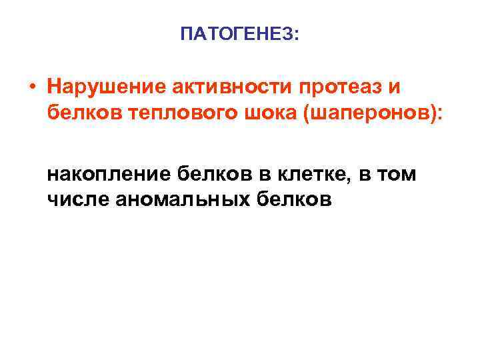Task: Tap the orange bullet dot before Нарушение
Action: click(x=31, y=87)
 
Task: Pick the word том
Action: click(x=398, y=175)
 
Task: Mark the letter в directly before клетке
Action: click(x=265, y=175)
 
